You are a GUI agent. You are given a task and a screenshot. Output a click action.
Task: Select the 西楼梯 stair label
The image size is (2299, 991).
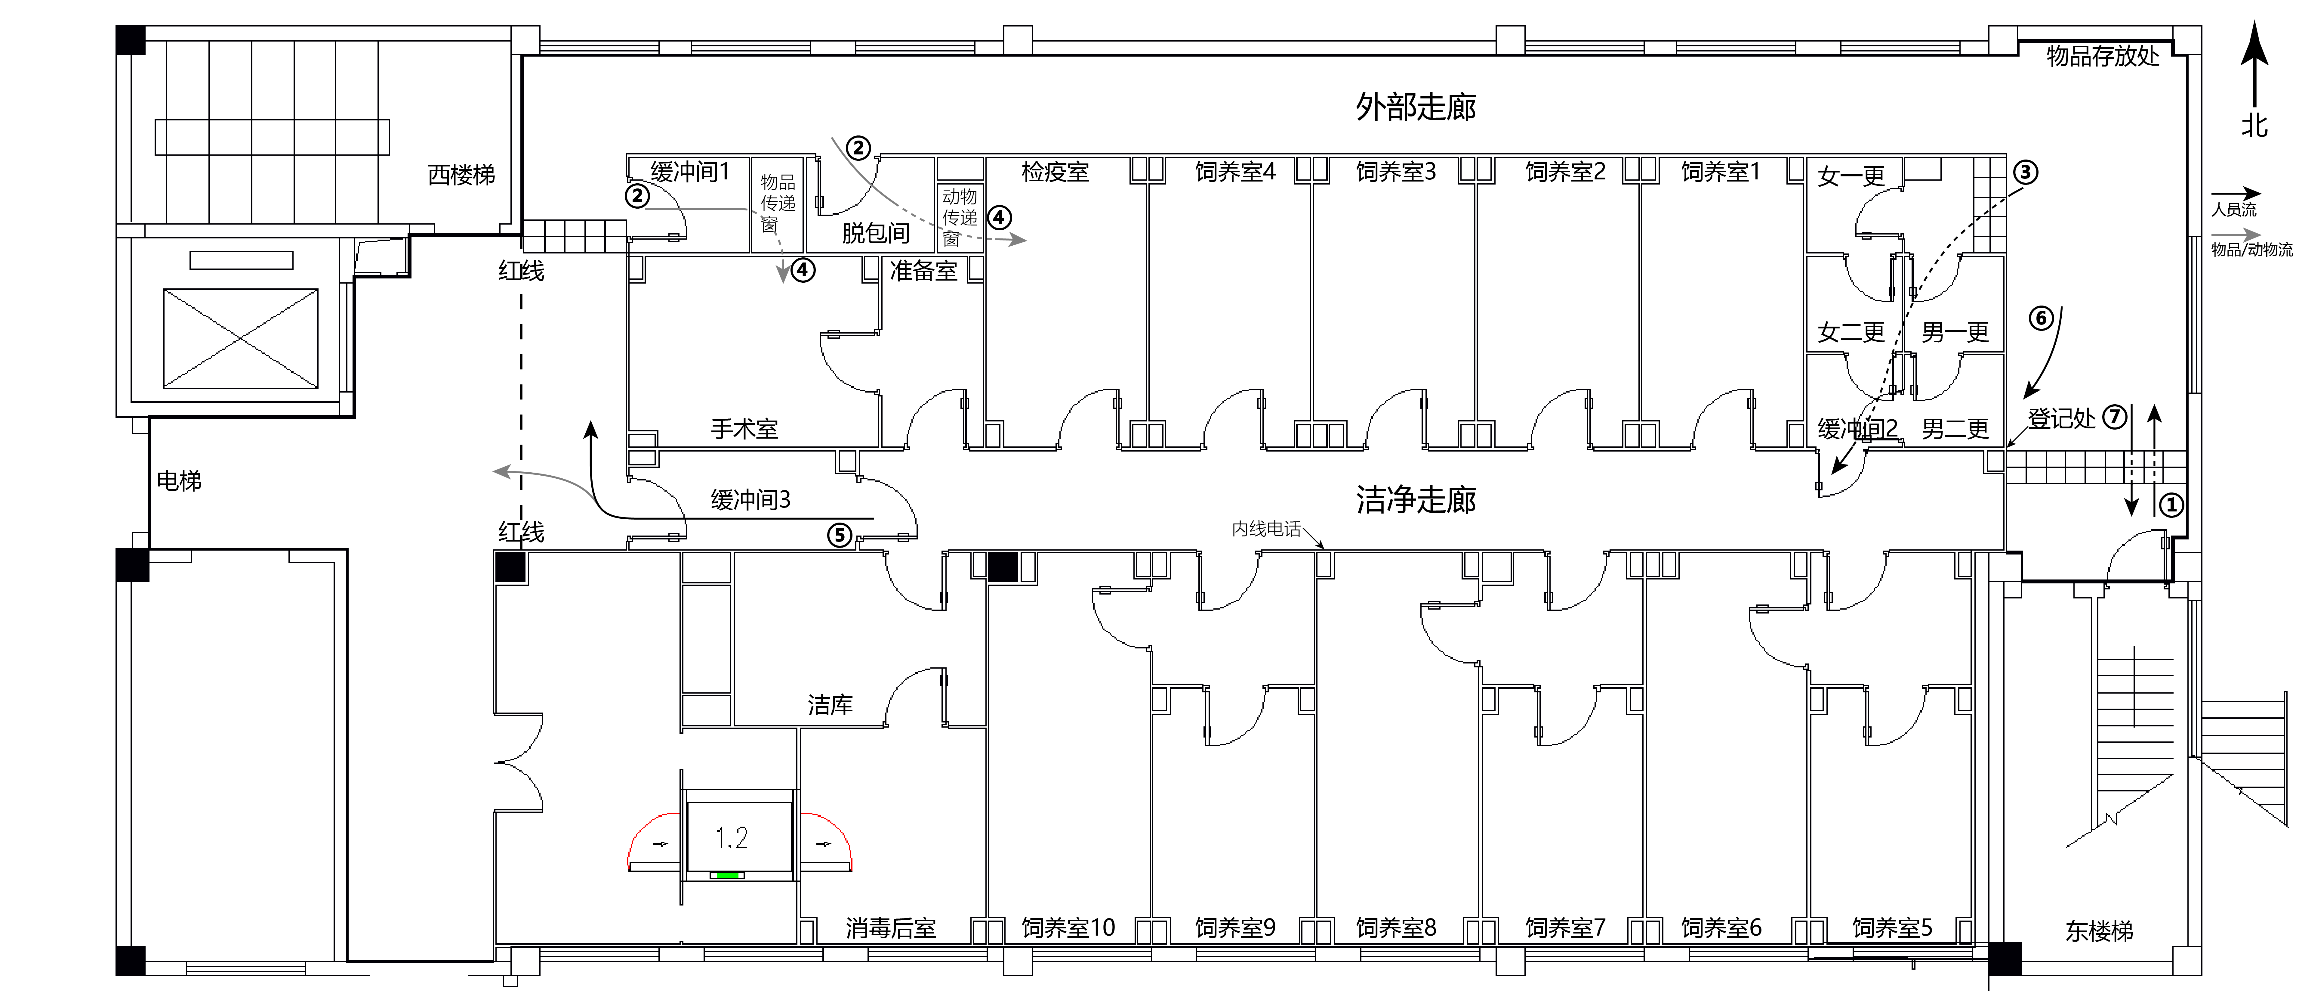[461, 175]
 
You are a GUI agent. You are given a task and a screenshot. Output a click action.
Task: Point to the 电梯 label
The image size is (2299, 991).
[179, 481]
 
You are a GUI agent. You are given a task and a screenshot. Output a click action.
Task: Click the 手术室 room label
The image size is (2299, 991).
[744, 430]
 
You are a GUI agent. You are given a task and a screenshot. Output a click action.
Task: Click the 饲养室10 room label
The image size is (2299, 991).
[1068, 928]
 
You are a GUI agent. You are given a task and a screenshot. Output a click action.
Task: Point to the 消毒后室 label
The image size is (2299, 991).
[891, 928]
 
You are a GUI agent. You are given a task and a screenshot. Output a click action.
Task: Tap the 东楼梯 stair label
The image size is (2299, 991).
[2099, 931]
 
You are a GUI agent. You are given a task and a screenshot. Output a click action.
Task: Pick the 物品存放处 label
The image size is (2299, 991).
[2103, 56]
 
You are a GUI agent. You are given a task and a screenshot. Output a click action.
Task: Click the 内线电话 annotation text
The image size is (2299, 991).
[1266, 530]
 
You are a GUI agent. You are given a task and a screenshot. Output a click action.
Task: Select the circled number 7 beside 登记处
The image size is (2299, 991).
[2114, 417]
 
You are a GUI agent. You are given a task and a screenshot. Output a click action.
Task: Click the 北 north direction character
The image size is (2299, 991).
[2254, 125]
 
